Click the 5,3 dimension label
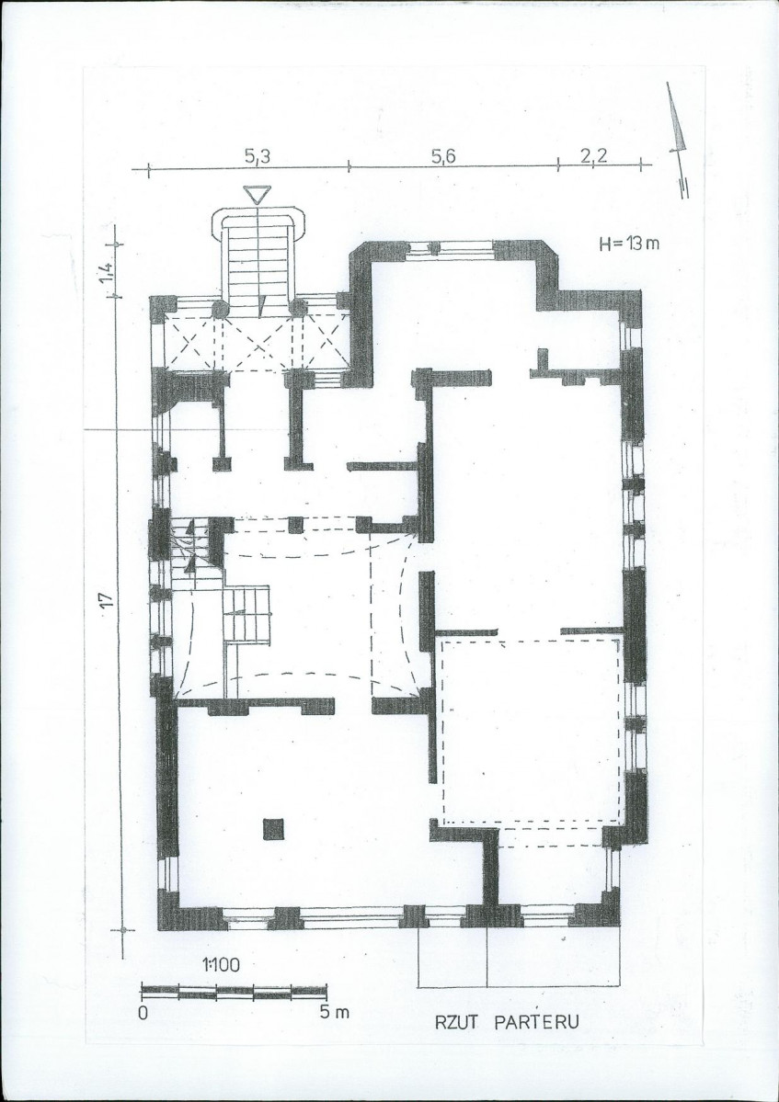pos(258,157)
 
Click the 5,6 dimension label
pos(443,156)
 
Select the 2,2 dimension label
pos(594,156)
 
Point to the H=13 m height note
pos(629,244)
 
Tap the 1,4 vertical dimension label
pos(106,273)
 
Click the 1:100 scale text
pos(221,965)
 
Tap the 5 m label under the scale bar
pos(333,1013)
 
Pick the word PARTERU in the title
pos(537,1021)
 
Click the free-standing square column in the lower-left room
pos(273,829)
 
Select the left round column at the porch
pos(221,309)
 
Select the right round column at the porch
pos(298,308)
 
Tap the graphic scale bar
pos(235,993)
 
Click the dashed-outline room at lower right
pos(531,732)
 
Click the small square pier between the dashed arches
pos(296,525)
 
